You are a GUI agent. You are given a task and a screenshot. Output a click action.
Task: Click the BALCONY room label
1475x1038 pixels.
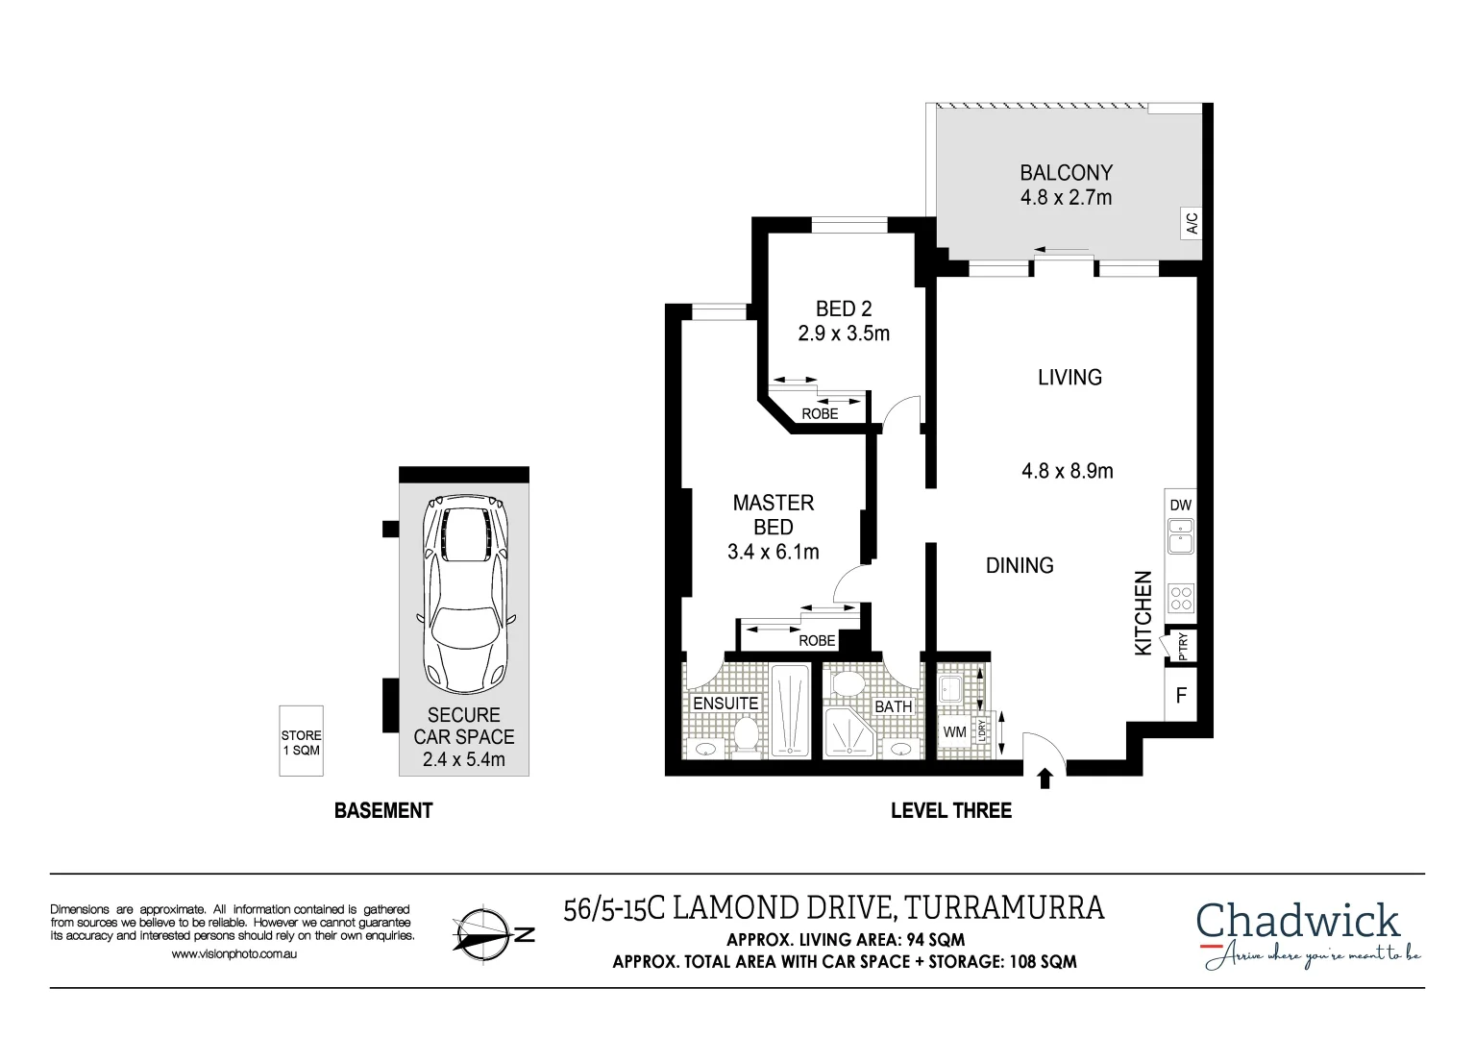[1066, 173]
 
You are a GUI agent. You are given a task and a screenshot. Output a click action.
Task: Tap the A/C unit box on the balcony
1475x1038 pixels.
[1192, 223]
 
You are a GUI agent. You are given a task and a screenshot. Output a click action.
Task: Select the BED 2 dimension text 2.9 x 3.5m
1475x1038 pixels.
[844, 334]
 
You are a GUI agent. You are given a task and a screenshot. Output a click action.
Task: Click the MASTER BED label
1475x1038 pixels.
[773, 515]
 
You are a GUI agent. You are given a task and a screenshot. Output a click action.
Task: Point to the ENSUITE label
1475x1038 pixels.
[725, 704]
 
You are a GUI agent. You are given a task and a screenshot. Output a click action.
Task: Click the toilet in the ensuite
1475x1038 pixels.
[746, 736]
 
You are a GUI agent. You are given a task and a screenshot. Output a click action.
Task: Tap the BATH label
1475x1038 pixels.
[893, 706]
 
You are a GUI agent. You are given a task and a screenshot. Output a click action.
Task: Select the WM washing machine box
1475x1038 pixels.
[954, 732]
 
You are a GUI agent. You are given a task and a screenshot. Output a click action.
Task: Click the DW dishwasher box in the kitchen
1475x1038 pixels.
[1180, 506]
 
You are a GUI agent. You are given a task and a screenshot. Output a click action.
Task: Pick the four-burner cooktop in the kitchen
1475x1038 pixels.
[1181, 599]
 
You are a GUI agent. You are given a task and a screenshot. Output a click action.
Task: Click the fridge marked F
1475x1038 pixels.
[1181, 695]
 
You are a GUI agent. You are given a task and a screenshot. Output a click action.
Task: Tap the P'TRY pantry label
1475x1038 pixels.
[1183, 646]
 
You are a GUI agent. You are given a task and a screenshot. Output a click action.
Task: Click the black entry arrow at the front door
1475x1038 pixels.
[1045, 778]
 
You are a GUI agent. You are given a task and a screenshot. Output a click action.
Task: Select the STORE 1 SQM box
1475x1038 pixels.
[301, 741]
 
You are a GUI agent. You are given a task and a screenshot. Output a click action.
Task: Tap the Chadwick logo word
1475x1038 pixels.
[1297, 921]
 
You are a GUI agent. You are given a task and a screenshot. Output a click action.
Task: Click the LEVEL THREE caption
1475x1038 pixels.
[950, 811]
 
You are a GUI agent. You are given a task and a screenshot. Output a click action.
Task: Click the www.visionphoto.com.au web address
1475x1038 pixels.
[234, 954]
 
